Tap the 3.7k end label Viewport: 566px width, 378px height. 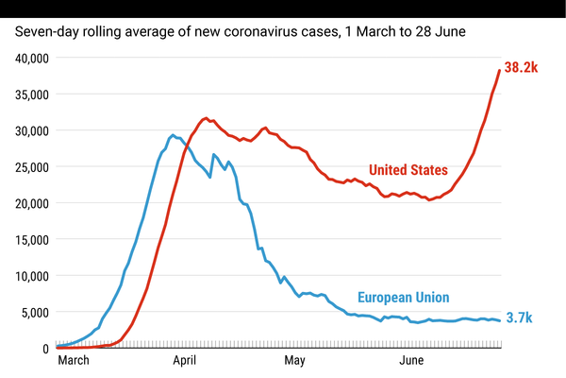point(519,318)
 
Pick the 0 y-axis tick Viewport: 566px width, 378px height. point(44,349)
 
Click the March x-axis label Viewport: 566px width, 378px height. point(74,361)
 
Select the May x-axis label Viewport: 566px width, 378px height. point(295,361)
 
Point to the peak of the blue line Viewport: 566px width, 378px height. point(172,135)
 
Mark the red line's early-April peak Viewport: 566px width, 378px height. point(206,118)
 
